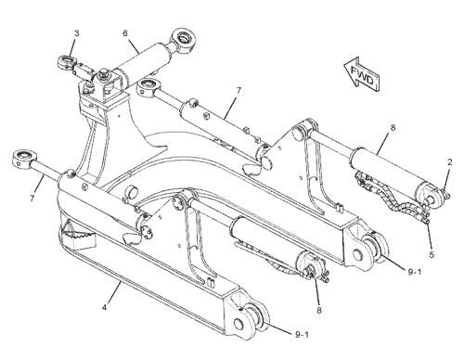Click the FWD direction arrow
click(362, 74)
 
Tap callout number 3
click(77, 33)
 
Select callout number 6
click(125, 32)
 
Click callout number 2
click(450, 162)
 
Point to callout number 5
click(432, 254)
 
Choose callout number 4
click(105, 308)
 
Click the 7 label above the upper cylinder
click(238, 91)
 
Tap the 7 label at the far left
click(32, 198)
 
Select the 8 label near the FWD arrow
click(393, 127)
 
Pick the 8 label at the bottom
click(319, 310)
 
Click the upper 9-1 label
click(415, 272)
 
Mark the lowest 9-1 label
click(302, 334)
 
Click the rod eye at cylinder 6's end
click(183, 40)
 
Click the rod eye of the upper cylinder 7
click(148, 86)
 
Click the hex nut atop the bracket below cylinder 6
click(102, 74)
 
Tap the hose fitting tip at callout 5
click(427, 221)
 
